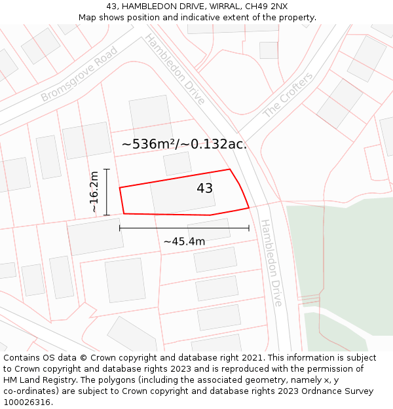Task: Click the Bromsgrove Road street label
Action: tap(79, 73)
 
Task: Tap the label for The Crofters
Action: tap(288, 96)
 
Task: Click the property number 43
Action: tap(204, 188)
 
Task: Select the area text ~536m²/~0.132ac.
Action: tap(184, 144)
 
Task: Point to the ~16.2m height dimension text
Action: tap(94, 192)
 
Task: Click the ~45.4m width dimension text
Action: tap(184, 241)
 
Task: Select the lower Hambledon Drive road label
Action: tap(271, 262)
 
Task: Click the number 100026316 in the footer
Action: tap(28, 402)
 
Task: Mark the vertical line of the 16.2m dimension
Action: tap(106, 192)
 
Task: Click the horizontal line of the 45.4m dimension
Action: tap(184, 228)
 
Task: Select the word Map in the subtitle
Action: tap(88, 17)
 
